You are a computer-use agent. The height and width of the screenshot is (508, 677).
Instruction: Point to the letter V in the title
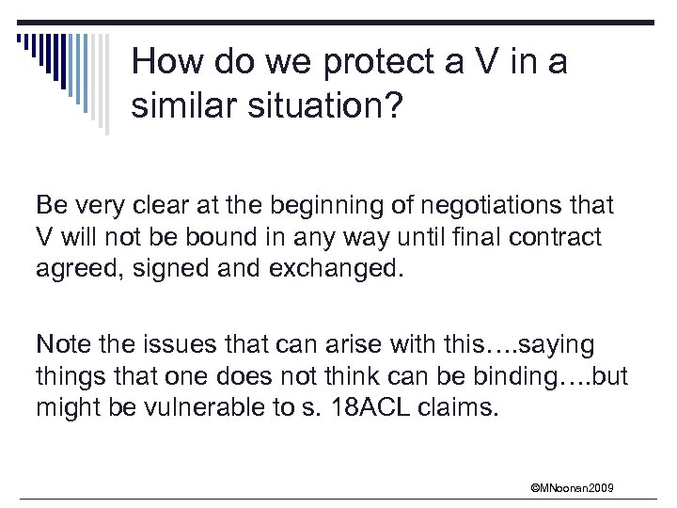click(490, 63)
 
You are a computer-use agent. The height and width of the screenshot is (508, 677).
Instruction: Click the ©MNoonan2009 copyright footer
click(572, 488)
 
